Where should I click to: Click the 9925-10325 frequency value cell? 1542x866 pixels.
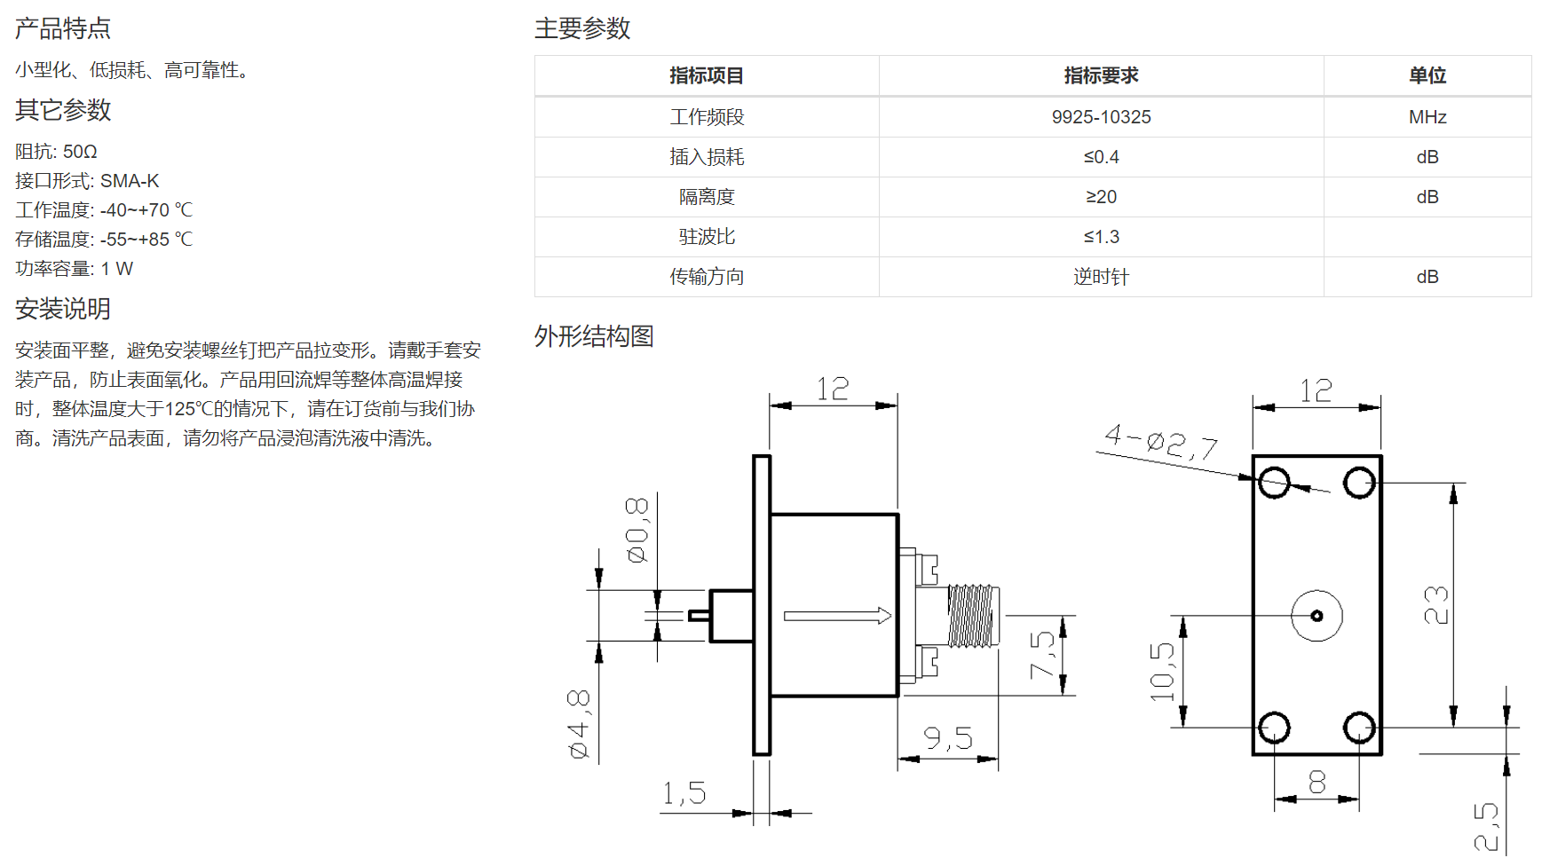click(1101, 117)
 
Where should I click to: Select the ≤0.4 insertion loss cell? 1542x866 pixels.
click(1101, 157)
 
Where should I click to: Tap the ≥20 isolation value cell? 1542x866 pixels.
click(1101, 197)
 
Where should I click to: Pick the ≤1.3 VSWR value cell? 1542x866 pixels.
click(1101, 237)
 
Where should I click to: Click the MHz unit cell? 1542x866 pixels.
click(1427, 117)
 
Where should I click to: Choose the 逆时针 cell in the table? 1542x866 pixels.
click(1101, 277)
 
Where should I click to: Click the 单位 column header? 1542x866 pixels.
click(1427, 76)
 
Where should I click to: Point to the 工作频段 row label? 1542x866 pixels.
click(707, 117)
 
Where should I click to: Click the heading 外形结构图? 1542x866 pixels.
click(594, 336)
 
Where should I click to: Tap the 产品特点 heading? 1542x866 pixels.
click(63, 28)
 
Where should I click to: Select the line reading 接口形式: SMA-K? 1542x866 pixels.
click(87, 181)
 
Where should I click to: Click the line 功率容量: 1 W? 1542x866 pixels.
click(74, 269)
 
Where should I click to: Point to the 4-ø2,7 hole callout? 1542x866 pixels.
click(1161, 442)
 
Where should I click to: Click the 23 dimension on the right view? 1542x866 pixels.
click(1435, 605)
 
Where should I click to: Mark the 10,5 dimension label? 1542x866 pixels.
click(1162, 671)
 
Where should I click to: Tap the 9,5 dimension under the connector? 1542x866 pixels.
click(948, 738)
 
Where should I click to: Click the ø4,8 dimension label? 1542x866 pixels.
click(578, 724)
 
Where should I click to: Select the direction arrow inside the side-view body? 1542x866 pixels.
click(837, 616)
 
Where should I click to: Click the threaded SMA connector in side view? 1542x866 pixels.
click(973, 615)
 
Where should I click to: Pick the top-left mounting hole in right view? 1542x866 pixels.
click(1274, 484)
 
